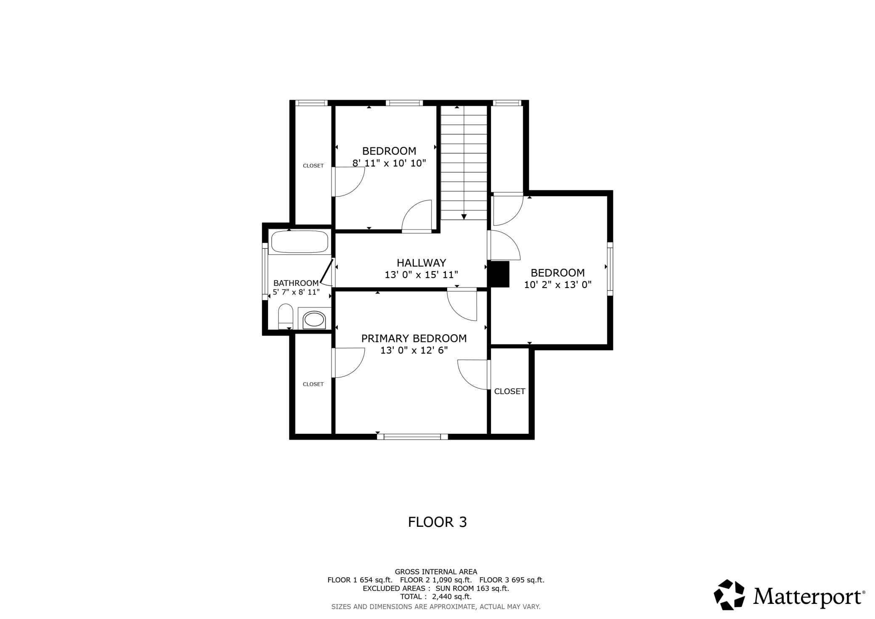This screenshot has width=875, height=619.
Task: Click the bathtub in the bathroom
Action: (300, 242)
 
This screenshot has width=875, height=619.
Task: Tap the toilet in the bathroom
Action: (286, 316)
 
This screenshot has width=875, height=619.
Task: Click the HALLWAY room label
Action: (422, 263)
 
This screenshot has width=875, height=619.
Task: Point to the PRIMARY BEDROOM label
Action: (414, 338)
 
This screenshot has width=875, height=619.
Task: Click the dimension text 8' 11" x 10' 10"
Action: (389, 163)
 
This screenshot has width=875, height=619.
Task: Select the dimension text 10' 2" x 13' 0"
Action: (558, 285)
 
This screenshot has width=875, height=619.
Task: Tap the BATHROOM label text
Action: (296, 283)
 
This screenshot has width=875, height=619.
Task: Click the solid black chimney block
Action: (498, 275)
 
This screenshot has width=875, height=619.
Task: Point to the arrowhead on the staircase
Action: (464, 217)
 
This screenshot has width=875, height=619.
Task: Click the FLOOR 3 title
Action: (437, 522)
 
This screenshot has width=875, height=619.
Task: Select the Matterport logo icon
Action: (729, 595)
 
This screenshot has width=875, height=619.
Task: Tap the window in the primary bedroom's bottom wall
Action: (412, 437)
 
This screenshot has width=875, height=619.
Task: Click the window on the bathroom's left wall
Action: (265, 272)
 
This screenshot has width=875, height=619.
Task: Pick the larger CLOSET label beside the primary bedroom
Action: (509, 391)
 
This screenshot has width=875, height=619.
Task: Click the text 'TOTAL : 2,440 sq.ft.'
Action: (436, 597)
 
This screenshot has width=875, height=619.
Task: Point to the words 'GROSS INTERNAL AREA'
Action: (436, 572)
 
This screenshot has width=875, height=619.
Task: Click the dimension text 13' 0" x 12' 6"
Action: (414, 350)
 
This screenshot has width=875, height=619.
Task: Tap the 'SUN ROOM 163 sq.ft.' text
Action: (472, 588)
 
